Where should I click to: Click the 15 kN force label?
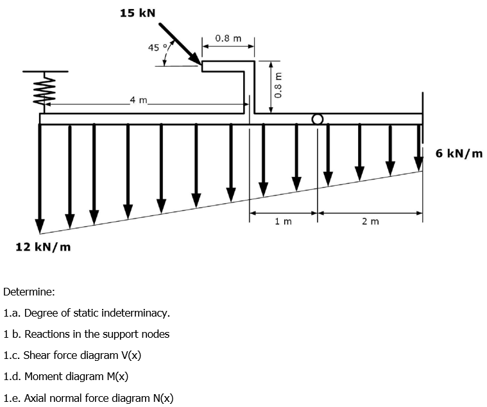[x=138, y=13]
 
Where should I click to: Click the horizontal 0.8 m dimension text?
[x=228, y=38]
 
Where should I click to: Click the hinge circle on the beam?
[x=317, y=119]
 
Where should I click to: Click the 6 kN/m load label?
[x=459, y=153]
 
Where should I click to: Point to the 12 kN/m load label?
[x=43, y=247]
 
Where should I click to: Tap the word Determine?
[x=29, y=292]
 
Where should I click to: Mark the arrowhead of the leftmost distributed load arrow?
[x=40, y=226]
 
